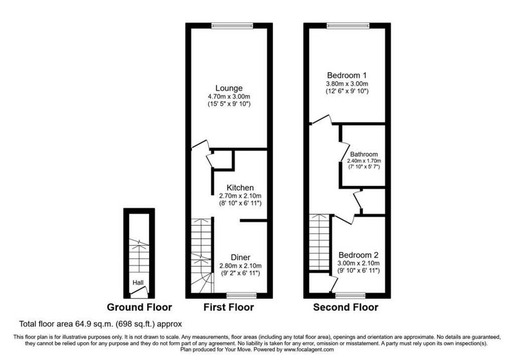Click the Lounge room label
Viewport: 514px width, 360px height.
(x=229, y=88)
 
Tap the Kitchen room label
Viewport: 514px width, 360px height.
(x=240, y=188)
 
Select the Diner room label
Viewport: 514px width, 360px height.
(x=240, y=257)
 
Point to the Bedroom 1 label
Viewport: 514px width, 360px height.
(x=347, y=75)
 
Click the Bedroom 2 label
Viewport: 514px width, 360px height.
(x=359, y=255)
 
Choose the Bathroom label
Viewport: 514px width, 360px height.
(x=364, y=154)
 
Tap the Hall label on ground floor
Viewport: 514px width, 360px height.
(x=138, y=282)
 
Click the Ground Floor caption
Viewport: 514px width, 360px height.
(x=139, y=307)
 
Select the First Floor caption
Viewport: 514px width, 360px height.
(x=229, y=307)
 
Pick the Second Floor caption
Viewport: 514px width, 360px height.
(x=346, y=307)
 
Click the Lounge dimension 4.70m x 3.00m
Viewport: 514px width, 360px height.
(x=229, y=96)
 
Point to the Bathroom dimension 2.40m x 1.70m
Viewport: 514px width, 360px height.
(x=364, y=161)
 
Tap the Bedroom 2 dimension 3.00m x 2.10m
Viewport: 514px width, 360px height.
(x=359, y=263)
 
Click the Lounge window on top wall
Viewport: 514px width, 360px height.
(x=233, y=26)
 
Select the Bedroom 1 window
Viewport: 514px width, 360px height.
(x=348, y=26)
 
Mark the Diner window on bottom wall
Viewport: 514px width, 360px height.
(x=242, y=295)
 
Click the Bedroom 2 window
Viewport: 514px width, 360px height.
(x=350, y=295)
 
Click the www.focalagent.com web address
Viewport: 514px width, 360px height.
(x=309, y=350)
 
